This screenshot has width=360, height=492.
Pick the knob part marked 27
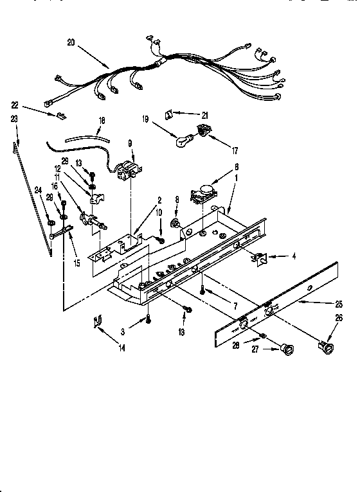[285, 349]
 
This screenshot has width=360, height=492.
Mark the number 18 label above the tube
[101, 119]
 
